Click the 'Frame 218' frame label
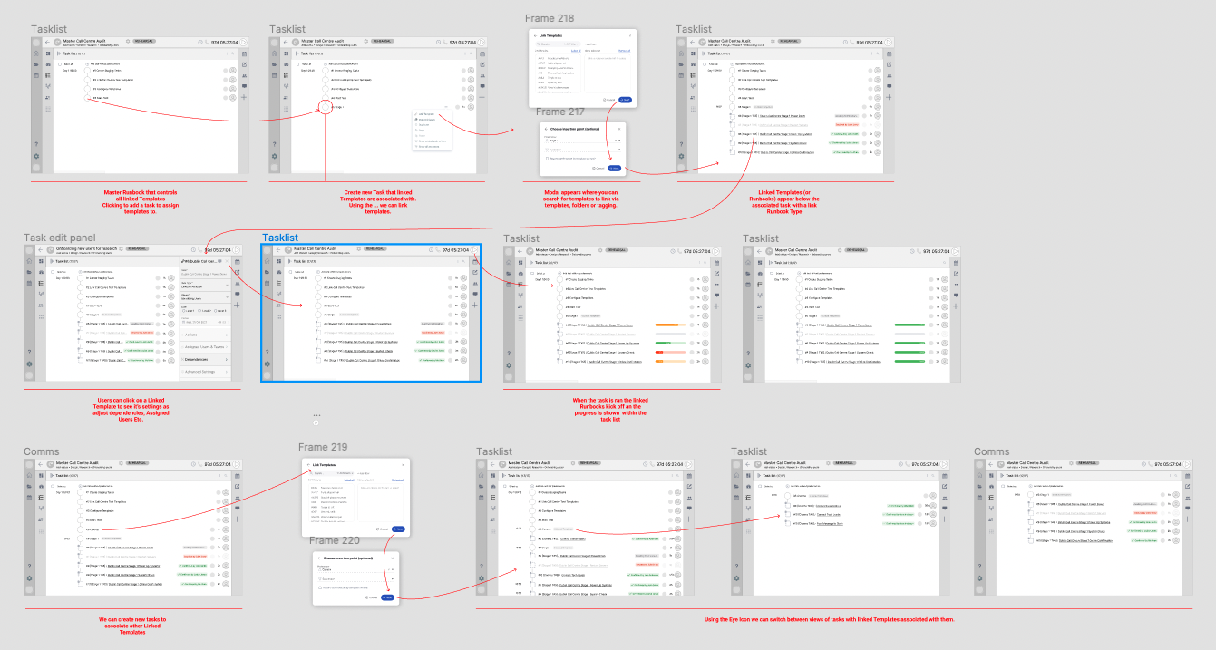[x=550, y=18]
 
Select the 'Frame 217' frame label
[x=559, y=112]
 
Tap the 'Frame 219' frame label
[x=323, y=447]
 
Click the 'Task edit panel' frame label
[x=60, y=238]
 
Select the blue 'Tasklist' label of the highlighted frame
[x=280, y=238]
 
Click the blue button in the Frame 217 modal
[x=615, y=168]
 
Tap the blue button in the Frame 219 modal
[x=400, y=529]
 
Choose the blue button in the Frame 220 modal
[x=388, y=597]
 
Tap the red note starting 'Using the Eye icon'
[x=829, y=619]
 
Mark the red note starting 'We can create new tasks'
[x=132, y=625]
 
